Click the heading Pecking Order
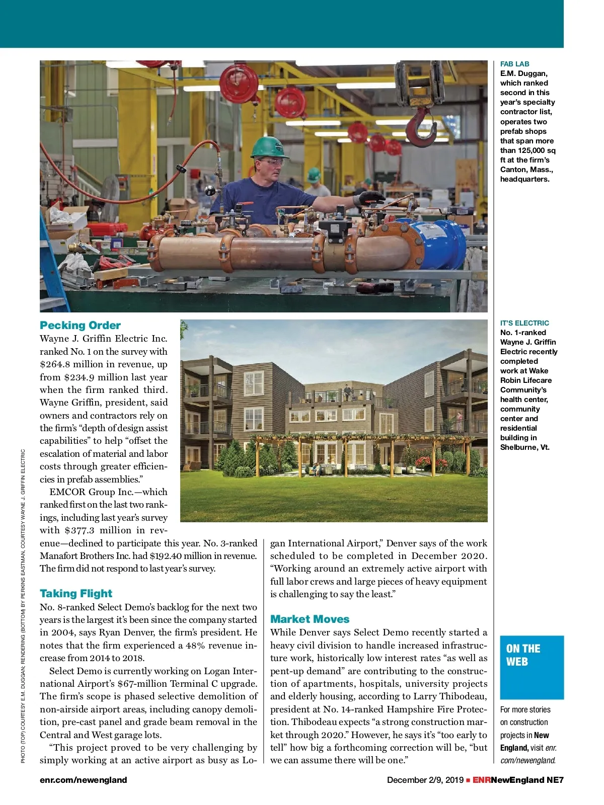click(x=80, y=326)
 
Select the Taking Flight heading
click(x=76, y=594)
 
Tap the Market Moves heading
click(x=310, y=619)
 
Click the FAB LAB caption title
click(x=514, y=64)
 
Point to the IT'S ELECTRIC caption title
click(x=524, y=323)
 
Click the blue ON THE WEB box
click(x=532, y=667)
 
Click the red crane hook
click(x=423, y=126)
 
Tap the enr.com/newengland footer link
click(x=83, y=780)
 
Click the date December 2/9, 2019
click(x=425, y=780)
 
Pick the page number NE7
click(x=555, y=780)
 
